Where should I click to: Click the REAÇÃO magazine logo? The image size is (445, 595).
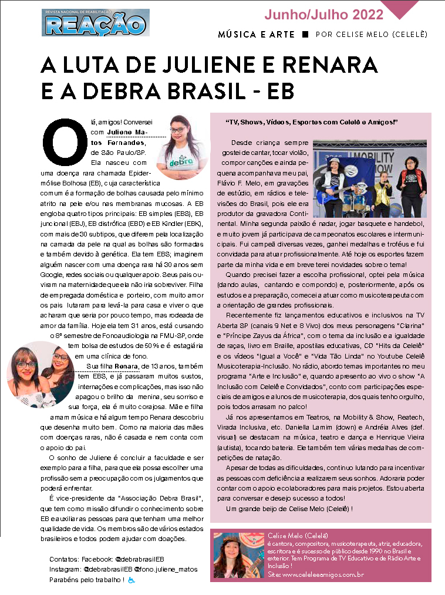94,23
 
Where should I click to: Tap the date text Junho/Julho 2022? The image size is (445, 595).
323,14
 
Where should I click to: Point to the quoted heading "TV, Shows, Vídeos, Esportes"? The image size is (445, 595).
312,121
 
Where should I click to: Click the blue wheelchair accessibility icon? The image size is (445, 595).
132,580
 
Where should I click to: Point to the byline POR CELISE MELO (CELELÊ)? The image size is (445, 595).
371,35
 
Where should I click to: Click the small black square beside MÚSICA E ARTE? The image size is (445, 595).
305,35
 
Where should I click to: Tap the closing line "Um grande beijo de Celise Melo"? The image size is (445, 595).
289,508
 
